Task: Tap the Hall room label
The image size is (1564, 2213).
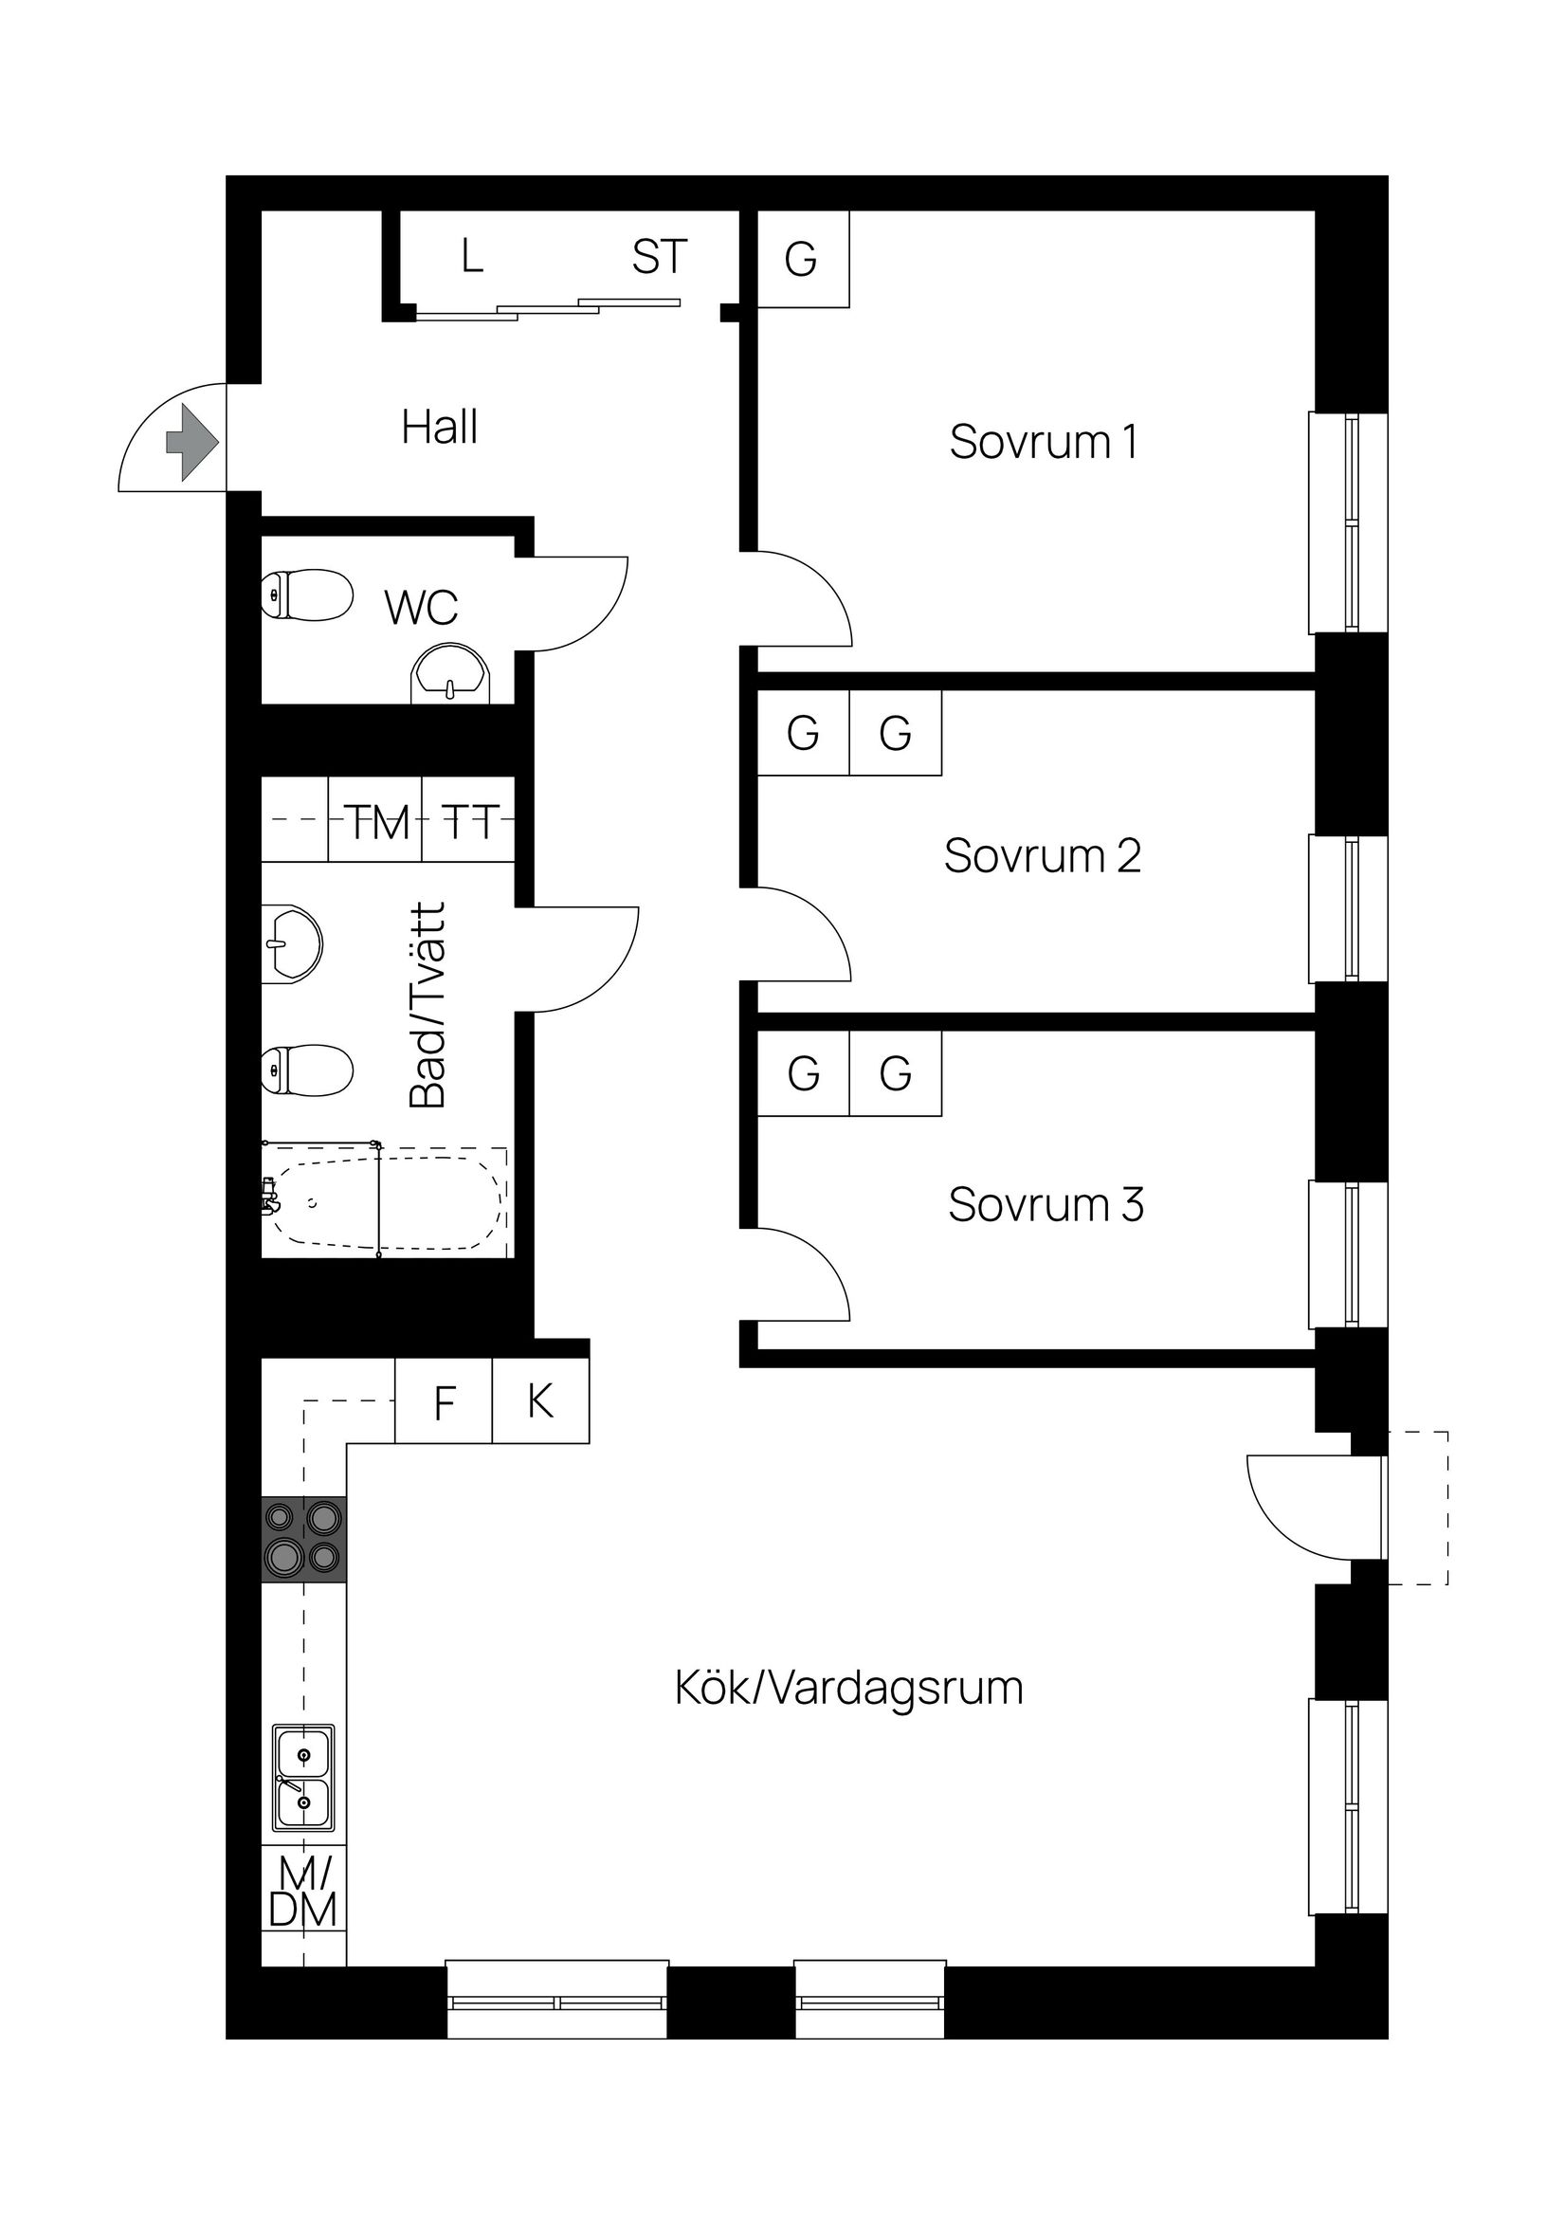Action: pyautogui.click(x=440, y=427)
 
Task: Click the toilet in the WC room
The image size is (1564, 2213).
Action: pyautogui.click(x=305, y=594)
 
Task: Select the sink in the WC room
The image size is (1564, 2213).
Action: pyautogui.click(x=450, y=674)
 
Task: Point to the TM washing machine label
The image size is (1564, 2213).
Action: pyautogui.click(x=378, y=822)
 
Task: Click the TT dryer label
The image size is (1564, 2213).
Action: pyautogui.click(x=470, y=822)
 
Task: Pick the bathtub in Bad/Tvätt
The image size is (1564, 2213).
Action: pyautogui.click(x=386, y=1201)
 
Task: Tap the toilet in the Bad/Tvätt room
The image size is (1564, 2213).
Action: pyautogui.click(x=305, y=1070)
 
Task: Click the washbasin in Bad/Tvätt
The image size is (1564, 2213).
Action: pyautogui.click(x=291, y=943)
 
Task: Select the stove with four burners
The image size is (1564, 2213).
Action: pyautogui.click(x=303, y=1538)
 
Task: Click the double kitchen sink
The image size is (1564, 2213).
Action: pyautogui.click(x=303, y=1779)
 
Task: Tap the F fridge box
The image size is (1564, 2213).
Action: pyautogui.click(x=445, y=1402)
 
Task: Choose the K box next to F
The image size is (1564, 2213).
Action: pyautogui.click(x=540, y=1400)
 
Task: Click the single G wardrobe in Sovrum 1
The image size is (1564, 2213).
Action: pyautogui.click(x=802, y=258)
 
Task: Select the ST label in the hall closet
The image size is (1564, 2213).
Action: pyautogui.click(x=659, y=257)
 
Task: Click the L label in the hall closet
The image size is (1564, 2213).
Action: pyautogui.click(x=471, y=257)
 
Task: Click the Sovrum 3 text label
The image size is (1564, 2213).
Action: pyautogui.click(x=1046, y=1205)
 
